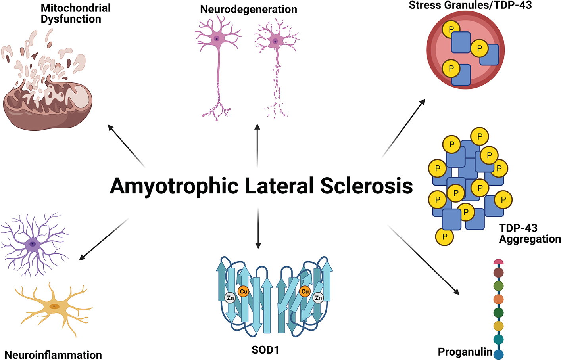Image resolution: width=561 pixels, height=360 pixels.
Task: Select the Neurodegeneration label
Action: [248, 9]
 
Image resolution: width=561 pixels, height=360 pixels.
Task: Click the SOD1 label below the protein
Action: [265, 350]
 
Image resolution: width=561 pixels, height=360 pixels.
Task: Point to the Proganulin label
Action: [465, 352]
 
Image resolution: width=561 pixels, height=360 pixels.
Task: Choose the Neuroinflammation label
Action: [53, 354]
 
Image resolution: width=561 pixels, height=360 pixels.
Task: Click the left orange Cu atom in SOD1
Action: [243, 291]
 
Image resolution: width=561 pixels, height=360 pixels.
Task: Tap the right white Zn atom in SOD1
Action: [318, 297]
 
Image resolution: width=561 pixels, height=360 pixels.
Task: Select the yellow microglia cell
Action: [54, 306]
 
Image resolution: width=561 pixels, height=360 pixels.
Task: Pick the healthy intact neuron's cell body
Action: [216, 39]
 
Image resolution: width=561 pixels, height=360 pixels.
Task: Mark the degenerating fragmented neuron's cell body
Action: [275, 41]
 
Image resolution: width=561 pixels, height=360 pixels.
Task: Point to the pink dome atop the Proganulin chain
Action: [499, 262]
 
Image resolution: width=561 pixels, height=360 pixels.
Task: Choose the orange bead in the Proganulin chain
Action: [499, 299]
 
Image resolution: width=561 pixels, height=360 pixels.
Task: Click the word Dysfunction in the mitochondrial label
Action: [71, 19]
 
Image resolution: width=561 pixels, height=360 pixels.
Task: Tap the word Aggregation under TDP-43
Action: [530, 239]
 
